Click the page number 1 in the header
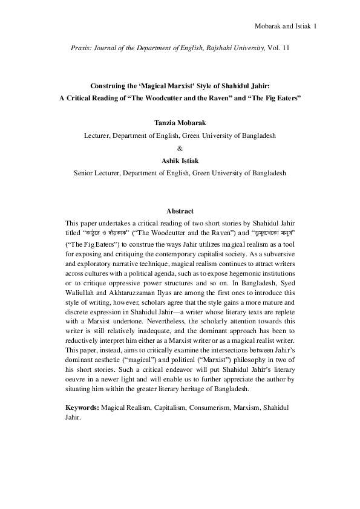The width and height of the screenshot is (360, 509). point(316,27)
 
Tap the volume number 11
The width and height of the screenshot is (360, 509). point(286,47)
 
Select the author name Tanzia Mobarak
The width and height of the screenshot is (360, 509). point(180,123)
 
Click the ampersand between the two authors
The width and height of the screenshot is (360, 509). point(180,148)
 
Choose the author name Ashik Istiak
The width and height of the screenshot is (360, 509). point(180,160)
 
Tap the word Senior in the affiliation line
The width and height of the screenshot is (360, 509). point(83,172)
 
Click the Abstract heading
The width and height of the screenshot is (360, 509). point(180,211)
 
